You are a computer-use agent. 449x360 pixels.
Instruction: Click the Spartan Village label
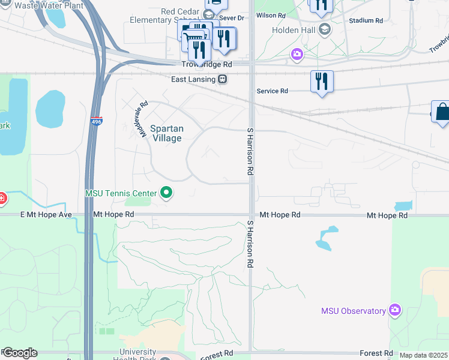[x=166, y=133]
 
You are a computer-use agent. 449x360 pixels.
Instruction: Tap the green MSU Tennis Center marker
[x=167, y=193]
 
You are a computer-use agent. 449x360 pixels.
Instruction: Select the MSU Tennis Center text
[x=121, y=193]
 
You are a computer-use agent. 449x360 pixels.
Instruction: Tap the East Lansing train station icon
[x=222, y=79]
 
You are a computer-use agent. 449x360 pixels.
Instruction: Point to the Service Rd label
[x=272, y=91]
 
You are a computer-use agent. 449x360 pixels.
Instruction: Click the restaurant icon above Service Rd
[x=322, y=81]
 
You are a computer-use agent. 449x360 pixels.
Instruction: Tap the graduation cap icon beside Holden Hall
[x=324, y=29]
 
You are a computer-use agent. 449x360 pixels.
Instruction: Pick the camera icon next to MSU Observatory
[x=394, y=310]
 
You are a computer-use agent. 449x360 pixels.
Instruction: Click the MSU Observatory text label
[x=353, y=311]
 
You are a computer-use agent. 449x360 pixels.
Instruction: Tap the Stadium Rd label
[x=366, y=20]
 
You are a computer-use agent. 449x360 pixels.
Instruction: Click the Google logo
[x=20, y=353]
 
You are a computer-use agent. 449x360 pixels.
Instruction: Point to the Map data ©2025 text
[x=423, y=355]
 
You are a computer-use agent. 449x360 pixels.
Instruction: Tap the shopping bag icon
[x=442, y=112]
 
